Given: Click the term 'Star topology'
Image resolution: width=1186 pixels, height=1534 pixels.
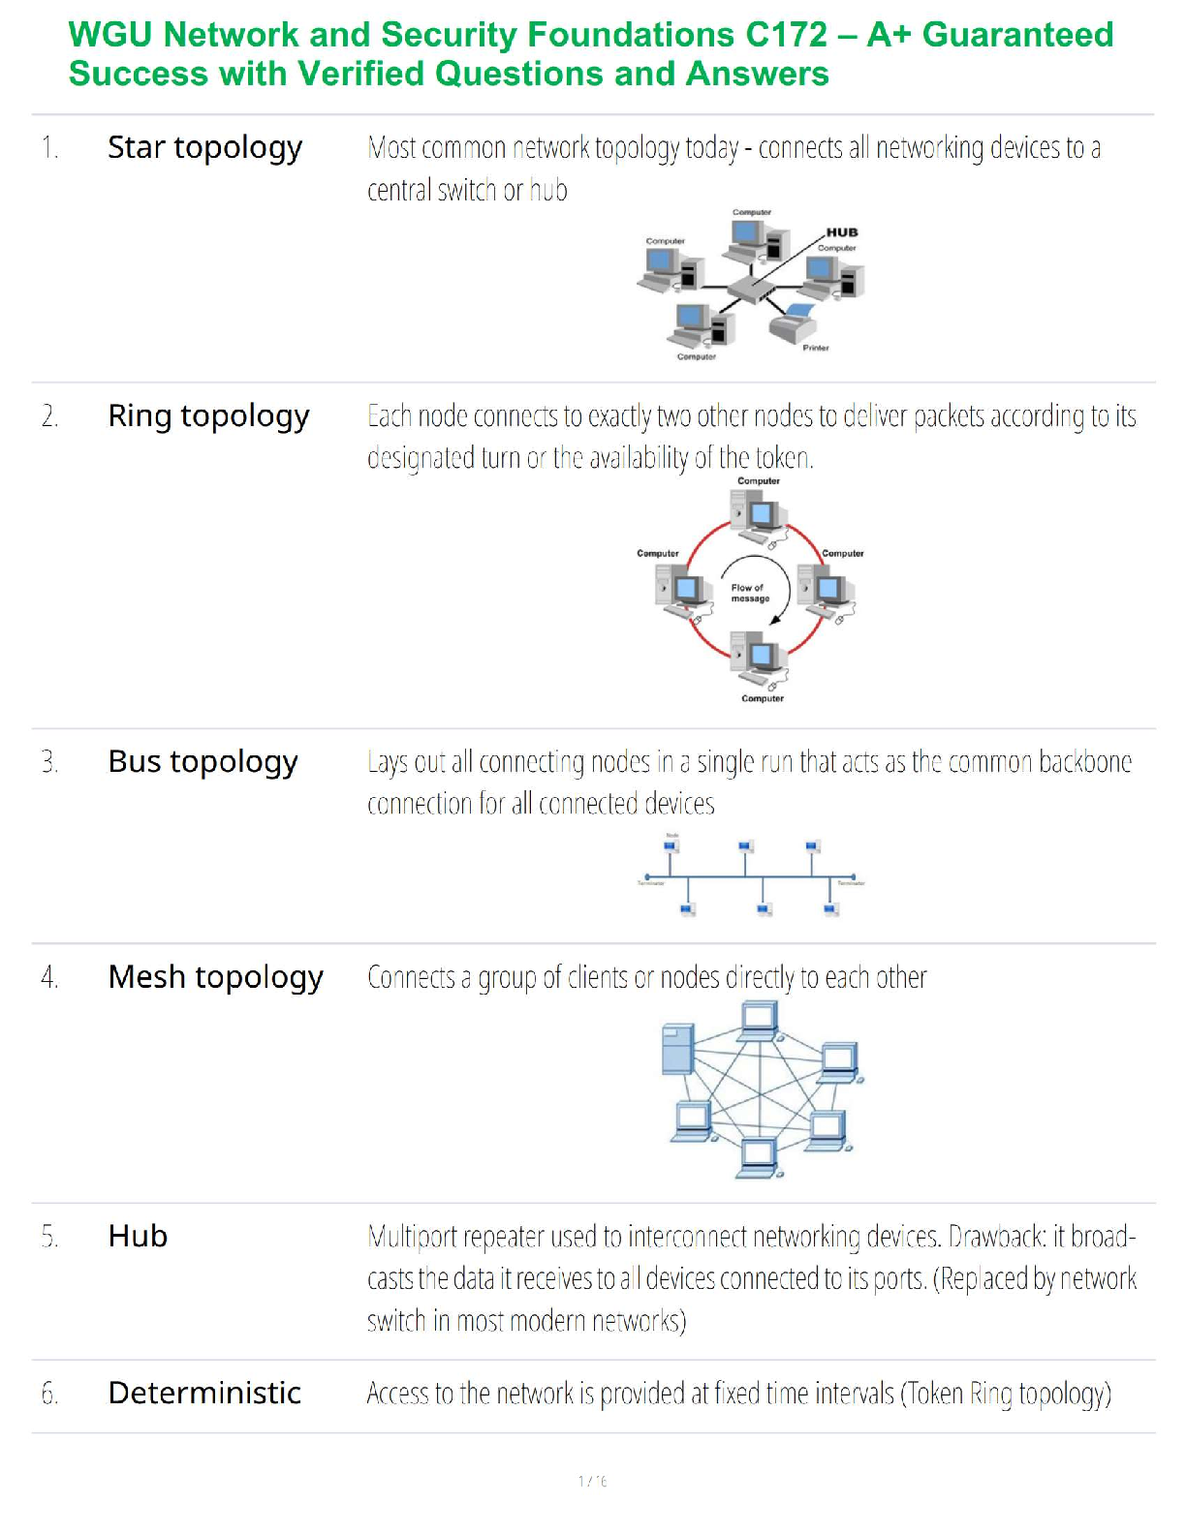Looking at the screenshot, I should click(204, 148).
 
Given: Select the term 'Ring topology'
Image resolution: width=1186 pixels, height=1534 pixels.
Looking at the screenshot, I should click(208, 416).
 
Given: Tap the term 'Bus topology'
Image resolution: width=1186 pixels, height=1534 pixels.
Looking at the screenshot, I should click(203, 762).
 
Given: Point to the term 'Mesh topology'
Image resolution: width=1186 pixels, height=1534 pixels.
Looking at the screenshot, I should click(215, 977).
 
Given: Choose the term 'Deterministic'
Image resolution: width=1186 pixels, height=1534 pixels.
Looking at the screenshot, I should click(204, 1393).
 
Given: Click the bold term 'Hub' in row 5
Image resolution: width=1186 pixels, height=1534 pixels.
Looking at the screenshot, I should click(138, 1237).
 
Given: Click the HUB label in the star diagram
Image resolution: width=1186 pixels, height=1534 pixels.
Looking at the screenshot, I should click(841, 232).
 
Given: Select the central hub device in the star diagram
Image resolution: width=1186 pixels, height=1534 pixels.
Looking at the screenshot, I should click(753, 290).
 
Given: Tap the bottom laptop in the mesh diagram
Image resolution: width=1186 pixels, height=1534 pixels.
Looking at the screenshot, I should click(759, 1156).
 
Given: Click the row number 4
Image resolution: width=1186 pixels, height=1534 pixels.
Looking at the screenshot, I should click(49, 978).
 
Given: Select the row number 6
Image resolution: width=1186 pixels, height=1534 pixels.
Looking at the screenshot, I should click(49, 1394).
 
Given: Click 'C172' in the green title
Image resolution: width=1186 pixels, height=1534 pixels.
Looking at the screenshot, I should click(787, 35).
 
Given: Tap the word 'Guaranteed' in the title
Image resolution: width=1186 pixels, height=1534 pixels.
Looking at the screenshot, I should click(1017, 35).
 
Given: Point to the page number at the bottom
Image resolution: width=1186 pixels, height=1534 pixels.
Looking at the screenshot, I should click(592, 1481).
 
